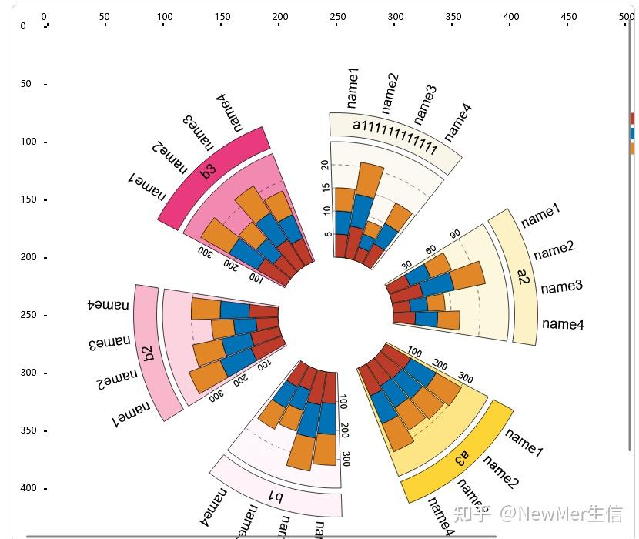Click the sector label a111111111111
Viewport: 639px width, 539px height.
pos(395,136)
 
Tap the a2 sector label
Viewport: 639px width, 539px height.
pos(524,277)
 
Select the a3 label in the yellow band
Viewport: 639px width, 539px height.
pos(461,459)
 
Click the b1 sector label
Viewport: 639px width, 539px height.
pos(275,497)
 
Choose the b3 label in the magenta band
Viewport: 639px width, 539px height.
pos(209,170)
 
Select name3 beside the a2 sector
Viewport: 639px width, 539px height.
pos(561,287)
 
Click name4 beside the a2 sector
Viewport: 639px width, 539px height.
pos(563,324)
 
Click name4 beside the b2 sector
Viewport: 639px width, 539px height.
pos(109,305)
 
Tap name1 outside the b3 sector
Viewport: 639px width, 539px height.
pos(147,187)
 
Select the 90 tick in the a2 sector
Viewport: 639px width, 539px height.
pos(455,234)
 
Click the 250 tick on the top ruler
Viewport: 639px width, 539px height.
pos(337,17)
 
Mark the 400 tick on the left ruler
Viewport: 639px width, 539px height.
pos(28,488)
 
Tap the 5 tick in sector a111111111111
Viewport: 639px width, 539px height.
pos(329,234)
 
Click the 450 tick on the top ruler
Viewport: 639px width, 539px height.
pos(569,17)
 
